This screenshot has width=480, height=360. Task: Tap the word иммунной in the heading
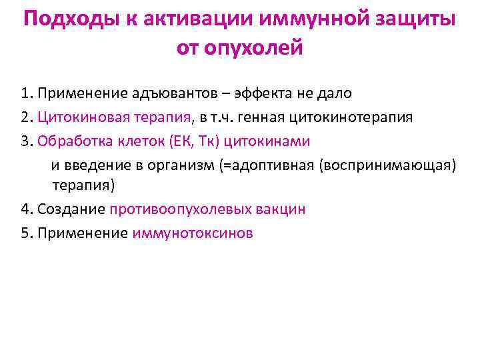(x=307, y=19)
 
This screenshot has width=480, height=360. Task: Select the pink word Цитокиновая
(x=79, y=117)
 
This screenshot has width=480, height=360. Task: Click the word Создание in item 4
(x=71, y=209)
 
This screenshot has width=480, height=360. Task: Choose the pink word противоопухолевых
(x=181, y=209)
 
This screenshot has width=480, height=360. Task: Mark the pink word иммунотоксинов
(x=193, y=233)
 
